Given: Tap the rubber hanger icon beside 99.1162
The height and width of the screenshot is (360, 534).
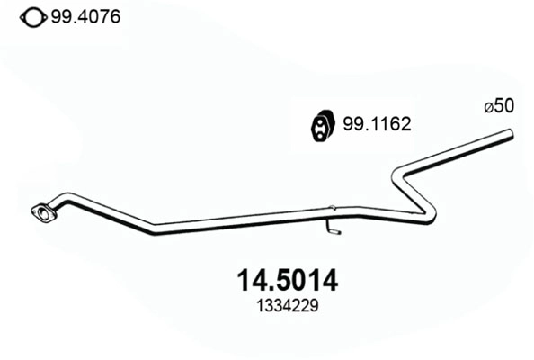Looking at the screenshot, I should tap(322, 126).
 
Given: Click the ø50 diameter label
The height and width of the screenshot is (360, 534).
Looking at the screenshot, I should tap(499, 106).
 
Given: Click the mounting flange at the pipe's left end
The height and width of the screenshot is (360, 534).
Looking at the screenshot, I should tap(40, 214).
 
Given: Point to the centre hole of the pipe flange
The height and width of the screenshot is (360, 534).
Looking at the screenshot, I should tap(40, 214).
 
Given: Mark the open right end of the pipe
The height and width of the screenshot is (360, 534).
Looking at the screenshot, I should tap(511, 136).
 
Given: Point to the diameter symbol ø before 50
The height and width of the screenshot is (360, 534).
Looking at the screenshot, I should tap(488, 107).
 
